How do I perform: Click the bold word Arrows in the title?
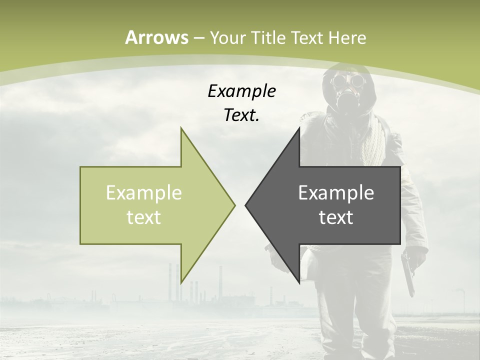[156, 37]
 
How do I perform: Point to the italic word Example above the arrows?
[241, 91]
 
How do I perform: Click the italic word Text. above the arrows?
[241, 115]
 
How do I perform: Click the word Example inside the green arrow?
[144, 193]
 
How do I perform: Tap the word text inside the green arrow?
[144, 217]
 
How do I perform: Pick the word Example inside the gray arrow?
[336, 193]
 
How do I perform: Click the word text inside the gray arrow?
[336, 217]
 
